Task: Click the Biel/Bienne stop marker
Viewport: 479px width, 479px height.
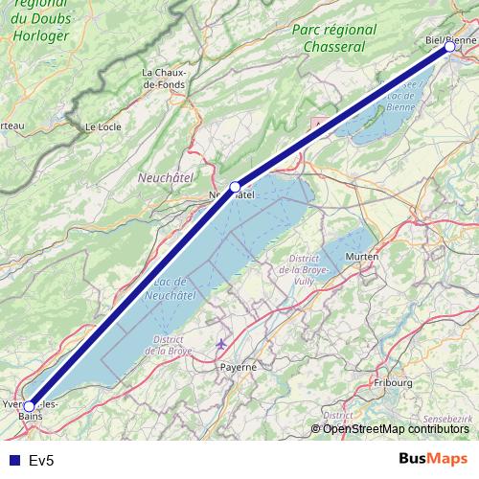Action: click(x=449, y=46)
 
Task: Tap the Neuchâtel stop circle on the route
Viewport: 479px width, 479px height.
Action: click(x=236, y=187)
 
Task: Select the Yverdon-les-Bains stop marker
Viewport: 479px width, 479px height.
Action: click(x=29, y=406)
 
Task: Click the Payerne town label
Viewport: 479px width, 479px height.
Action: click(x=239, y=366)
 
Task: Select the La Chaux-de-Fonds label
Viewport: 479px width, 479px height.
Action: click(x=164, y=79)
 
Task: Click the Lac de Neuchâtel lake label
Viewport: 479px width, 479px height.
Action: click(x=168, y=288)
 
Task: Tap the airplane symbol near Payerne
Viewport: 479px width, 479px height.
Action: click(x=222, y=343)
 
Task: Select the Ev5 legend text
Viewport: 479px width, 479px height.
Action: click(x=42, y=460)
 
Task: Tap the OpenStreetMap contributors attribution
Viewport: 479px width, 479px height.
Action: click(x=395, y=428)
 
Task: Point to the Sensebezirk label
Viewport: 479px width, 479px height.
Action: click(x=448, y=420)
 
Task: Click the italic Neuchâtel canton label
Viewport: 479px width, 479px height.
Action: click(x=166, y=178)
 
